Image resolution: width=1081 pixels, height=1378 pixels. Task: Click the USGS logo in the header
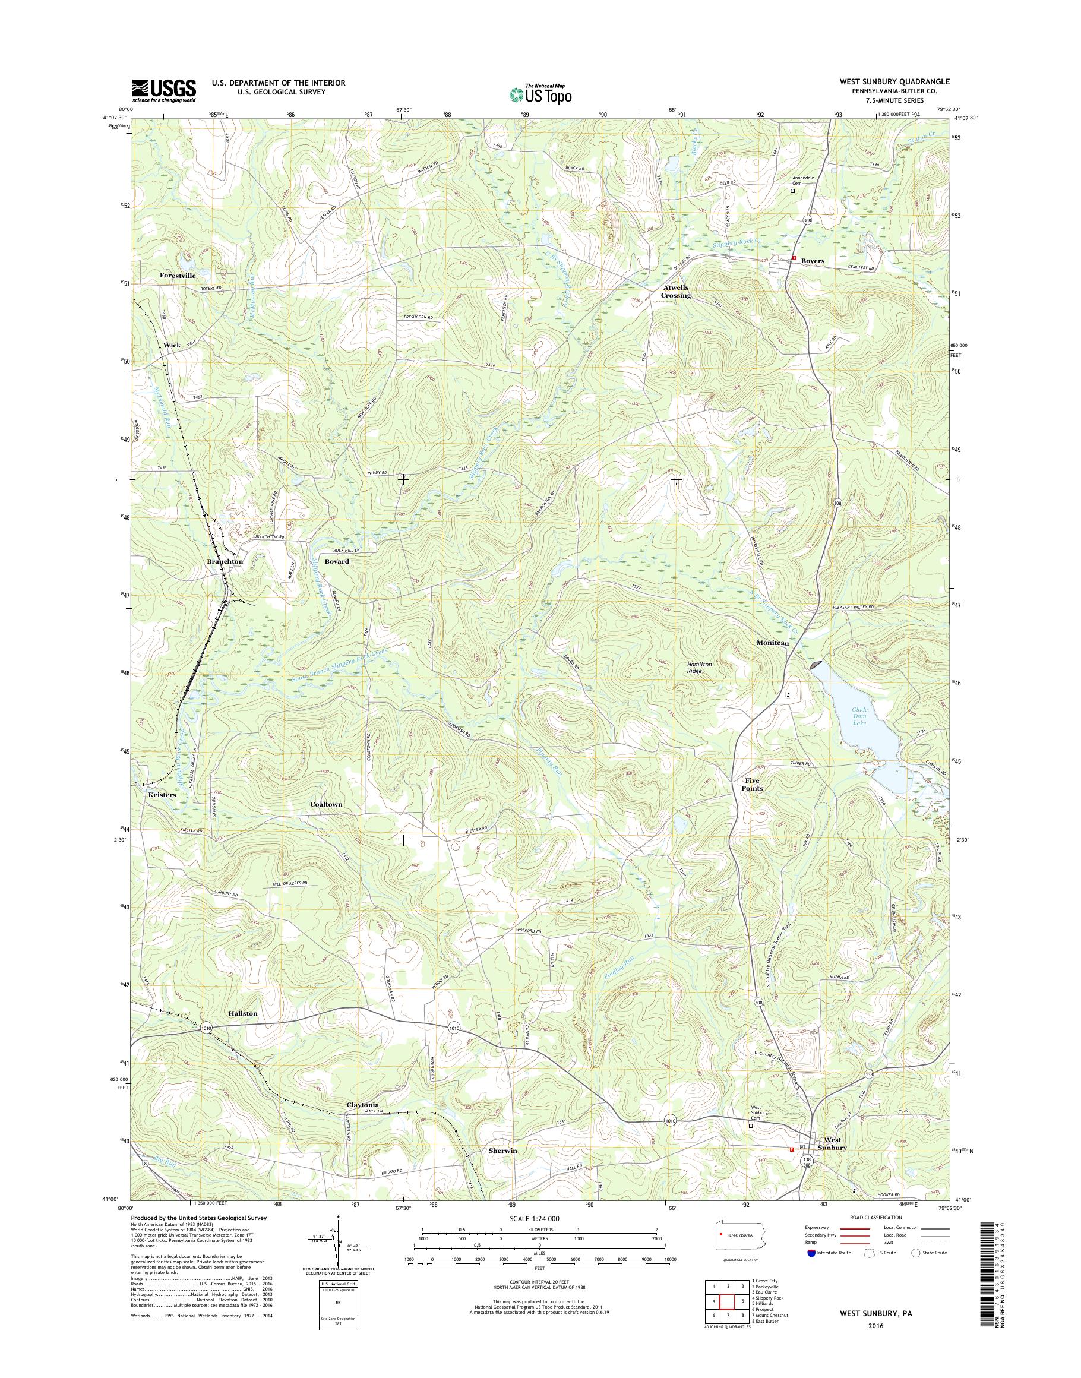click(164, 91)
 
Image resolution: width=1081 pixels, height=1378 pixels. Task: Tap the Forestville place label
click(178, 276)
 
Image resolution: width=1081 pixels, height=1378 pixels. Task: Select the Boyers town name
click(813, 261)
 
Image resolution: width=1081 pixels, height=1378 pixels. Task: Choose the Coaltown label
click(326, 804)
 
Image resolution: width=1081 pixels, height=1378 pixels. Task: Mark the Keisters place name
click(163, 794)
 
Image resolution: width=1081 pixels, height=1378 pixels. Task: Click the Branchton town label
click(225, 561)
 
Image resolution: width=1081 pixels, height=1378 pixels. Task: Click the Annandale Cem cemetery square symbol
click(792, 191)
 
